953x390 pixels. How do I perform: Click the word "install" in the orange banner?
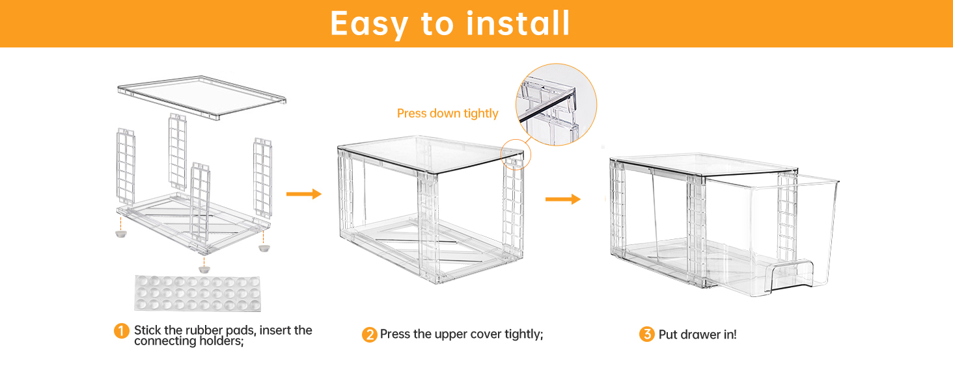518,23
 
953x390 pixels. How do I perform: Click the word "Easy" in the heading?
370,25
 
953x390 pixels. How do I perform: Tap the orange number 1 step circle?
122,331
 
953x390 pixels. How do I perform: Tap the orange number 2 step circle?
369,335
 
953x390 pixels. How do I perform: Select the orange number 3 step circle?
646,335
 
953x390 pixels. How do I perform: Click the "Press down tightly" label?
447,114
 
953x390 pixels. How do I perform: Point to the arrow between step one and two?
304,194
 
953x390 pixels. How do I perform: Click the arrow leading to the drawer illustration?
562,199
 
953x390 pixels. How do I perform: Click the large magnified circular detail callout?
557,104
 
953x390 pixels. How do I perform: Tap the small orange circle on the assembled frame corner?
516,155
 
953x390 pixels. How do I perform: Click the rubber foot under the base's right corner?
264,248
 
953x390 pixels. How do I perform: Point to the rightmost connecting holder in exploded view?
262,175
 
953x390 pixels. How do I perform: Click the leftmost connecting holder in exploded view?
126,166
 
